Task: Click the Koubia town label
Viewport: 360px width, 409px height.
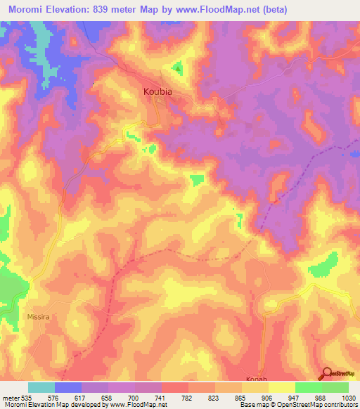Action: click(157, 91)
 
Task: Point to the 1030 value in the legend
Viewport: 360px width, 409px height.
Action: click(348, 398)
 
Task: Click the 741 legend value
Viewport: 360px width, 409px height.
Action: click(161, 398)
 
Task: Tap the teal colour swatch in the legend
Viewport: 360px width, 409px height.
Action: click(41, 387)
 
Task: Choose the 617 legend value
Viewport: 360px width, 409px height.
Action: click(81, 398)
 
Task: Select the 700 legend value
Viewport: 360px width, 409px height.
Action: click(134, 398)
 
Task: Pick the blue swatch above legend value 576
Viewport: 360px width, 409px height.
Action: click(68, 387)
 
